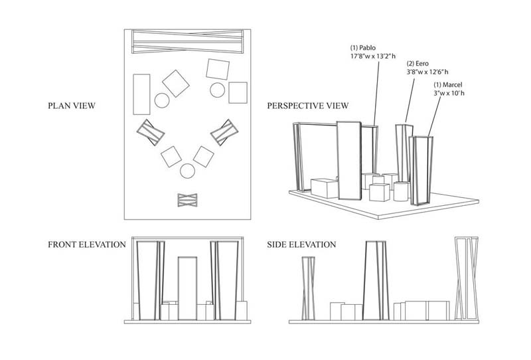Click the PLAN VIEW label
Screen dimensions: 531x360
[x=72, y=106]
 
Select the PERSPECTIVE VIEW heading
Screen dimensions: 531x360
[x=307, y=106]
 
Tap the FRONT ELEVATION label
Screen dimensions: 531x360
[x=87, y=244]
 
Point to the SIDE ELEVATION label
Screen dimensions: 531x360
[x=301, y=244]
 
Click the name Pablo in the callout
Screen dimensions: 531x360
[x=368, y=48]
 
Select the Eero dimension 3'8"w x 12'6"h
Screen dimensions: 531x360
[x=427, y=72]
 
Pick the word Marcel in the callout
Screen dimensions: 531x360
[x=453, y=85]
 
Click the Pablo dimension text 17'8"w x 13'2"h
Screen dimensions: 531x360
[x=373, y=56]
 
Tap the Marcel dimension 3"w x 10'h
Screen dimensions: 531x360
[x=449, y=93]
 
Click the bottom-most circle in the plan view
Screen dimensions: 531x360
[x=187, y=171]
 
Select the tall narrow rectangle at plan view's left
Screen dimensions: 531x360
[x=141, y=94]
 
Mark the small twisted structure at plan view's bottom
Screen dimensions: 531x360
[x=188, y=200]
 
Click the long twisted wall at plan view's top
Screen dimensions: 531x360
[x=188, y=42]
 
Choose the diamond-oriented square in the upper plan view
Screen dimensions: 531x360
[x=176, y=84]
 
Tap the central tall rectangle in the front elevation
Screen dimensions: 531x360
[x=187, y=288]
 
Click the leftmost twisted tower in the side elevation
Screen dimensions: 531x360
[x=308, y=288]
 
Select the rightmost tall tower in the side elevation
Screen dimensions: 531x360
[x=467, y=278]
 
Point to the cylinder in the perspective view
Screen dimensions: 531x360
[x=401, y=191]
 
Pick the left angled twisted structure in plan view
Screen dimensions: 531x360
[x=151, y=132]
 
